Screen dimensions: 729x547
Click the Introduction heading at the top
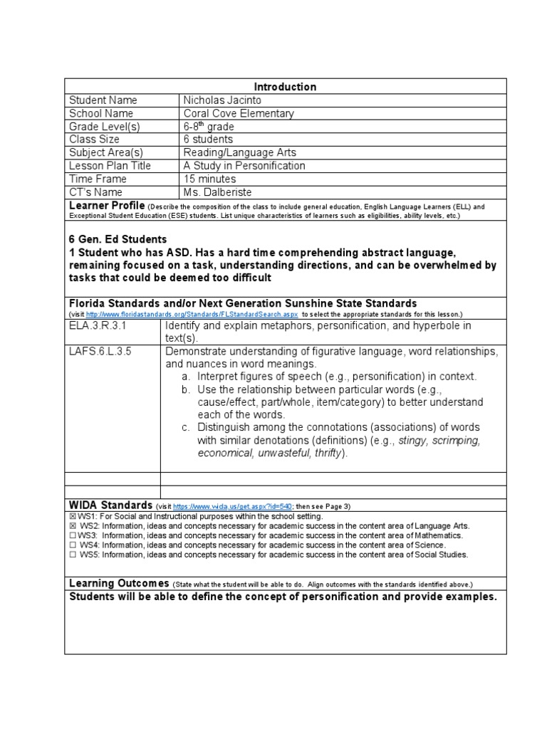[285, 87]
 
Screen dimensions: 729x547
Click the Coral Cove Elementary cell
[238, 113]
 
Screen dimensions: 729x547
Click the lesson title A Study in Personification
[244, 166]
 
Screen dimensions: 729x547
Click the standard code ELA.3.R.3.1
[98, 325]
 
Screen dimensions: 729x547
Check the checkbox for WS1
[73, 516]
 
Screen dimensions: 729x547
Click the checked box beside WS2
[73, 525]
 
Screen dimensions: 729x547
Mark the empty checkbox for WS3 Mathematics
[73, 535]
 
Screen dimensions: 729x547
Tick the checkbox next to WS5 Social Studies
[73, 555]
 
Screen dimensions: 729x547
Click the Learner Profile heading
[105, 206]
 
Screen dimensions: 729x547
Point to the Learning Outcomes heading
[118, 583]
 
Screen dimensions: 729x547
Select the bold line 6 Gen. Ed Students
[118, 239]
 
